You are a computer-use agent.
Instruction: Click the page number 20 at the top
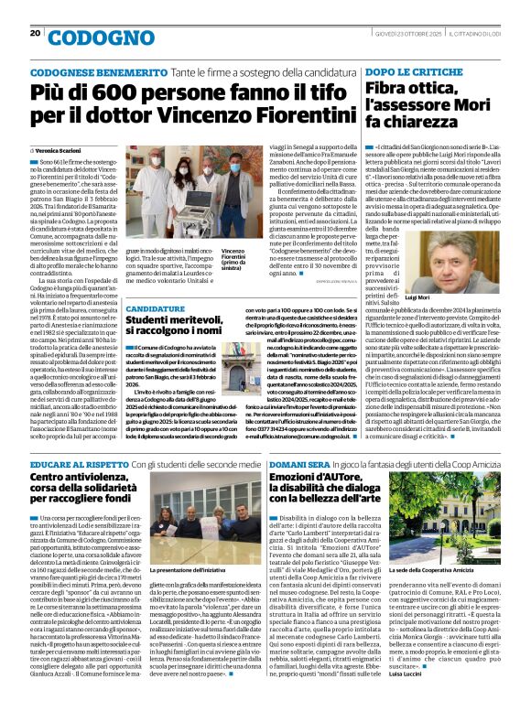coord(35,33)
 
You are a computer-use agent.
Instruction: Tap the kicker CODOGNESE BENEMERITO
coord(84,71)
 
